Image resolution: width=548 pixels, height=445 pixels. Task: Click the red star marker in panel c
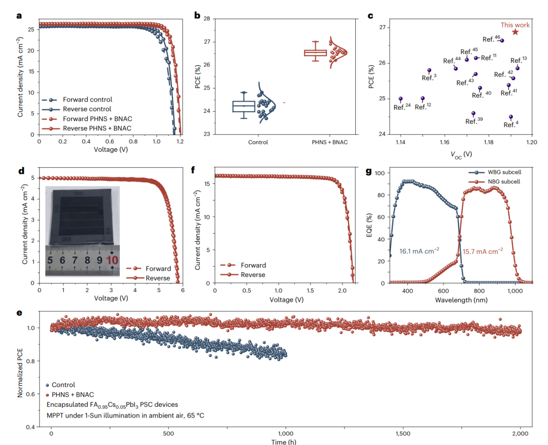pyautogui.click(x=515, y=32)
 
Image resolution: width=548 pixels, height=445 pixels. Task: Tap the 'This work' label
pyautogui.click(x=515, y=25)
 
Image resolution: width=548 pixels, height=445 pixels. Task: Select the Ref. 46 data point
pyautogui.click(x=502, y=41)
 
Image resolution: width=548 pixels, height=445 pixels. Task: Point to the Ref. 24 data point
pyautogui.click(x=401, y=99)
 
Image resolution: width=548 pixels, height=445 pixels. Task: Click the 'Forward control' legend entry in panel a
pyautogui.click(x=87, y=100)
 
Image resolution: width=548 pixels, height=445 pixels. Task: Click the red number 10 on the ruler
pyautogui.click(x=113, y=261)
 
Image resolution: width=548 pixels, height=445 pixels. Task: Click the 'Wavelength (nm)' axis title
pyautogui.click(x=461, y=300)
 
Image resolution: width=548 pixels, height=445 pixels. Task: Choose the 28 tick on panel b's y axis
pyautogui.click(x=206, y=18)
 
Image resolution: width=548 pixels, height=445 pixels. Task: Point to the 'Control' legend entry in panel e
pyautogui.click(x=63, y=385)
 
